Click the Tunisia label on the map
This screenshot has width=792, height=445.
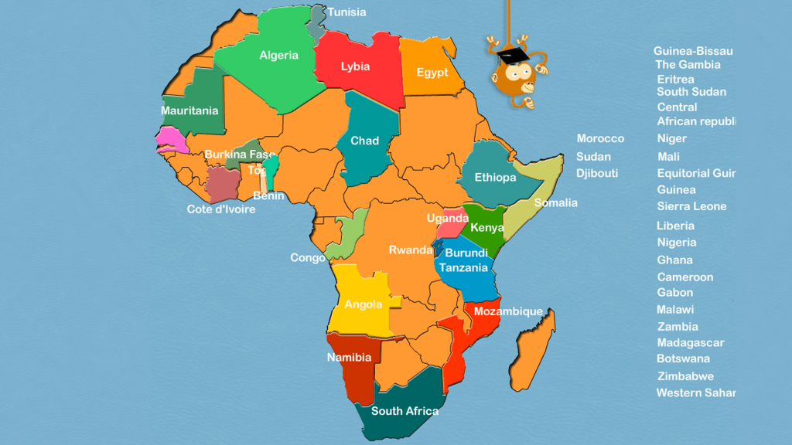pyautogui.click(x=346, y=12)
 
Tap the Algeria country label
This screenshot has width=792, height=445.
pyautogui.click(x=278, y=56)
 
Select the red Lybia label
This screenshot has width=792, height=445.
pyautogui.click(x=355, y=66)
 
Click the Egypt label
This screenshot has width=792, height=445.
pyautogui.click(x=432, y=73)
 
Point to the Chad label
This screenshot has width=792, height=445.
pyautogui.click(x=364, y=141)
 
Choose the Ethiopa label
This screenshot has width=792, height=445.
pyautogui.click(x=495, y=178)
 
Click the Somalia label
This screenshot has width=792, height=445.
pyautogui.click(x=555, y=203)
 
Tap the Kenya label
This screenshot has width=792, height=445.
pyautogui.click(x=487, y=228)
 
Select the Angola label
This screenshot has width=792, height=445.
pyautogui.click(x=363, y=304)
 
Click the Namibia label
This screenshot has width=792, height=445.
pyautogui.click(x=349, y=358)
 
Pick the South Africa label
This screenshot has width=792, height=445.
pyautogui.click(x=405, y=411)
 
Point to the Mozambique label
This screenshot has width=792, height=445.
pyautogui.click(x=507, y=311)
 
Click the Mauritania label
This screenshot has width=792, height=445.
pyautogui.click(x=189, y=110)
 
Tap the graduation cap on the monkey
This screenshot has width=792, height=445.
pyautogui.click(x=511, y=55)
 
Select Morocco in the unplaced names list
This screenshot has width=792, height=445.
pyautogui.click(x=600, y=138)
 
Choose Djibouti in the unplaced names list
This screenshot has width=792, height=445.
pyautogui.click(x=597, y=173)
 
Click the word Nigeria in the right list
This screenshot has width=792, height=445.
pyautogui.click(x=677, y=243)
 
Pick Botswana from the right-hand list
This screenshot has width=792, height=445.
pyautogui.click(x=683, y=358)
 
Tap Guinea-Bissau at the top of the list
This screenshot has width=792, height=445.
pyautogui.click(x=692, y=51)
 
